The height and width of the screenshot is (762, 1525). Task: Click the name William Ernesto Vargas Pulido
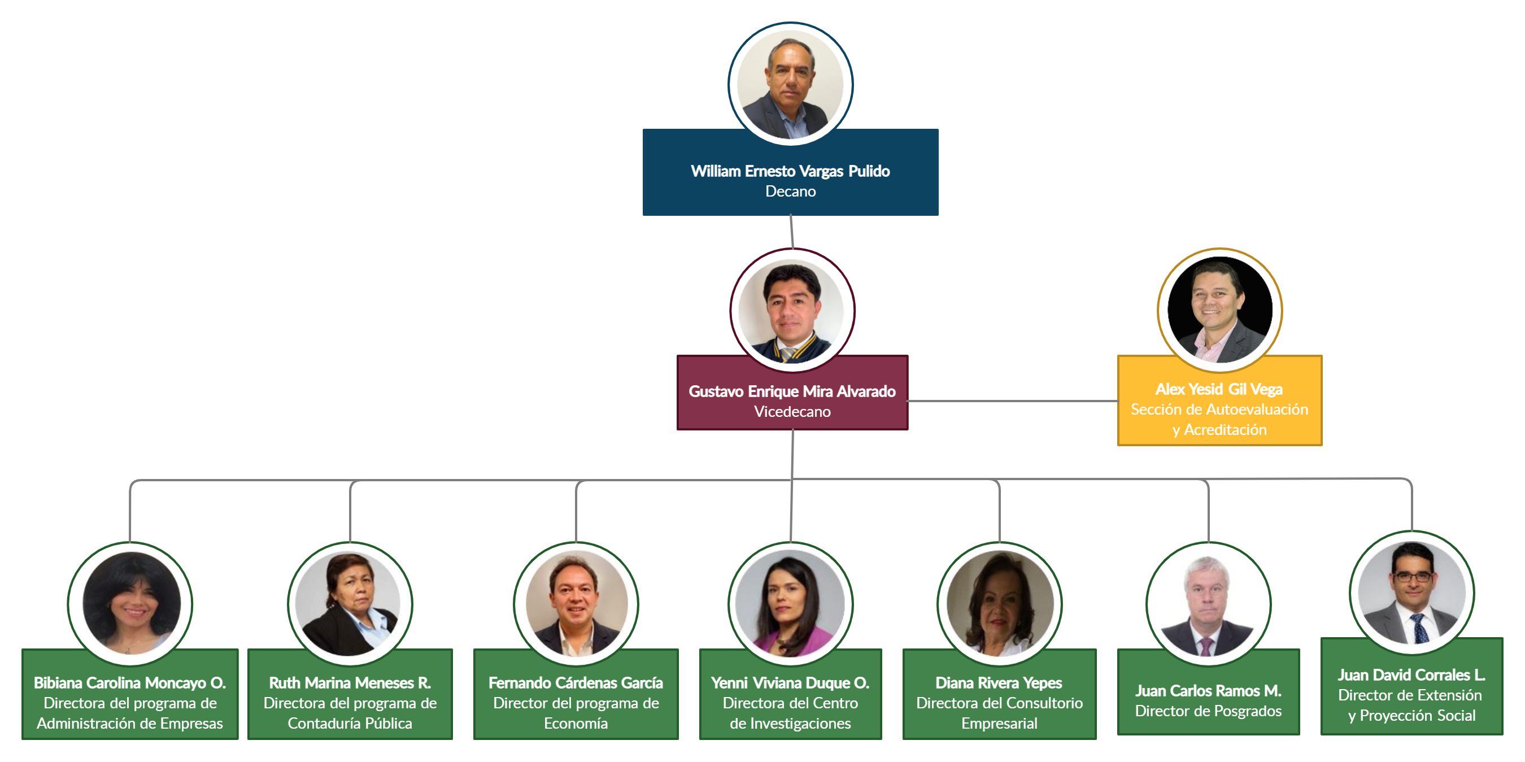790,171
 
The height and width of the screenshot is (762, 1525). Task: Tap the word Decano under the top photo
790,192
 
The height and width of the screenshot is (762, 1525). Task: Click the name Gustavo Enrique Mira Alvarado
791,391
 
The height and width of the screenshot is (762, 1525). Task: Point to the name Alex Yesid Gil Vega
1219,389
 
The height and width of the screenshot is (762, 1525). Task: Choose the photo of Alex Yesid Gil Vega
1219,310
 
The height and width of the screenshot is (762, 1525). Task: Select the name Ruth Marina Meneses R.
350,683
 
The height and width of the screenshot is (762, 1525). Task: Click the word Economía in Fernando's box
576,724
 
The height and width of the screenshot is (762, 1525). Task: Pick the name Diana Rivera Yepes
999,683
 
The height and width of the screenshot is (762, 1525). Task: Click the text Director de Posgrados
1208,711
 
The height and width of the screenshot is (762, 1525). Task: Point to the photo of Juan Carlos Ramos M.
1208,604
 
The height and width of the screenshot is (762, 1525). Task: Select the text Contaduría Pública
350,724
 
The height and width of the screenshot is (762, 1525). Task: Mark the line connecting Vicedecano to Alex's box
1012,401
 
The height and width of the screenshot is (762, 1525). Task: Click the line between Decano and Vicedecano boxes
791,232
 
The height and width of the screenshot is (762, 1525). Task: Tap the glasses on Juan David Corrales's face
1413,577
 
